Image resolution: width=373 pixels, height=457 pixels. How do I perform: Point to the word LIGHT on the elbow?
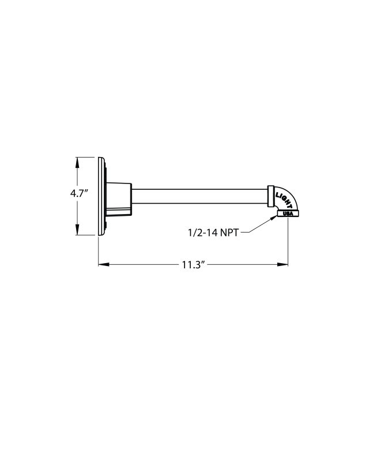tap(284, 197)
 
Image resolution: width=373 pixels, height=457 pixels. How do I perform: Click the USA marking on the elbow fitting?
tap(288, 214)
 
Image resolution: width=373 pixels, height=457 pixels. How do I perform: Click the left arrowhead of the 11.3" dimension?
tap(103, 265)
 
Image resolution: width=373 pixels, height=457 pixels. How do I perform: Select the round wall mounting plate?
tap(101, 196)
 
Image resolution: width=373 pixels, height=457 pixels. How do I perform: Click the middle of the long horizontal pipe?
tap(199, 196)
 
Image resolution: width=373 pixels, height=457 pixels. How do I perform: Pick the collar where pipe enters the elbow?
tap(270, 196)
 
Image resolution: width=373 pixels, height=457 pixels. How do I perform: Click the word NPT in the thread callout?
tap(229, 233)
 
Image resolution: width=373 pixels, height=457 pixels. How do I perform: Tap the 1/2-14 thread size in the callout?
tap(202, 233)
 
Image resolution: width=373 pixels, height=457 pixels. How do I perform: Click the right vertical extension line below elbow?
tap(288, 242)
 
